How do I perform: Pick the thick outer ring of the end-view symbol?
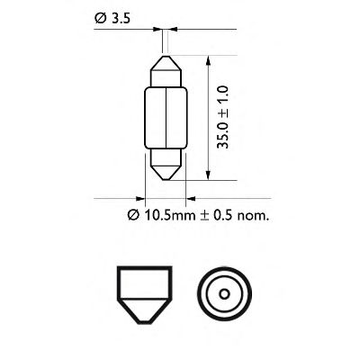pos(221,273)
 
